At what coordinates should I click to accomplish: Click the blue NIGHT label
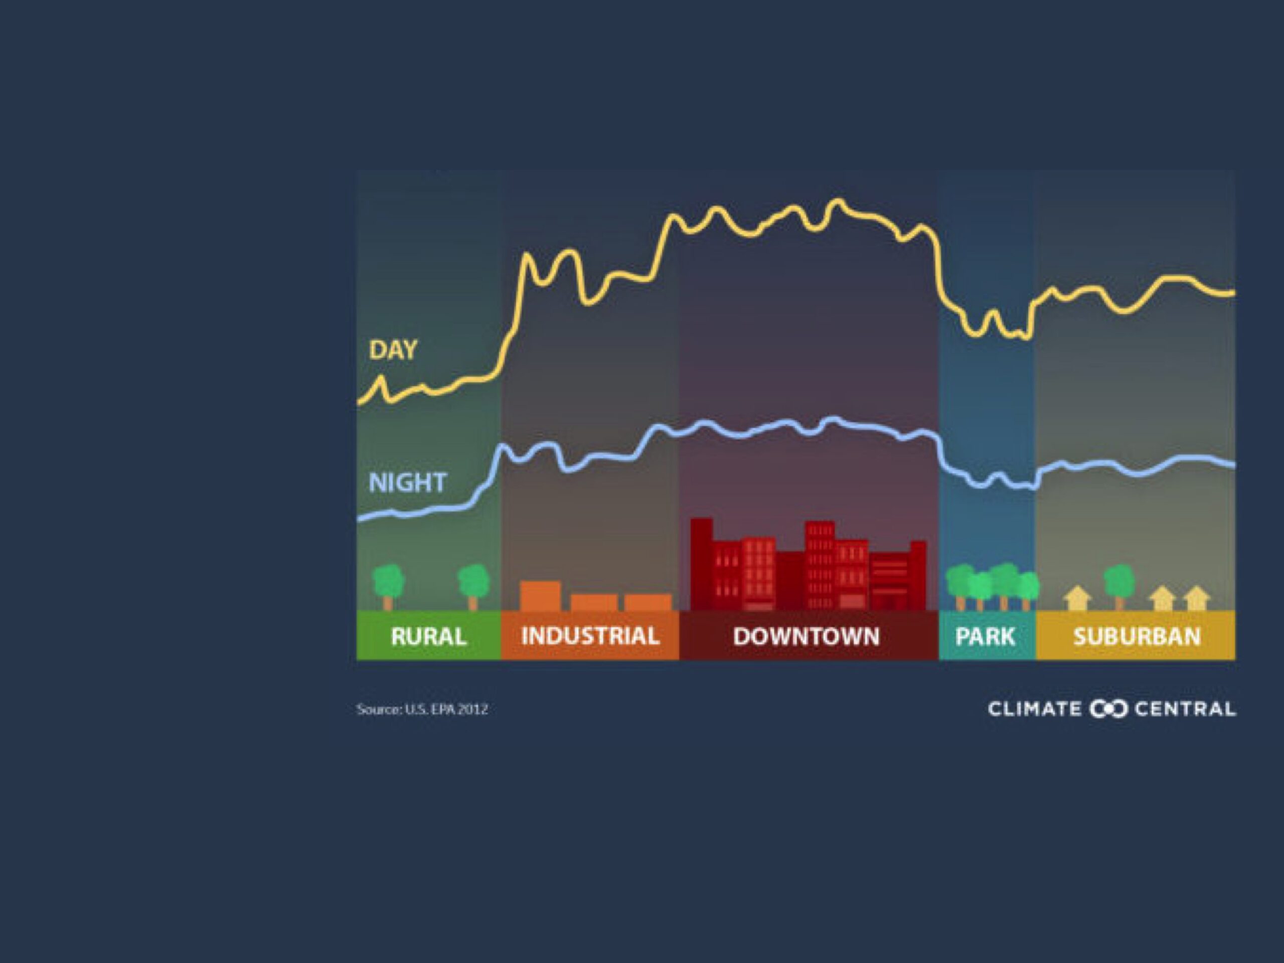tap(407, 483)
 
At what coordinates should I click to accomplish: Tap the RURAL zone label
tap(428, 636)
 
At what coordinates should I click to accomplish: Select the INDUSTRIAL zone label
tap(590, 636)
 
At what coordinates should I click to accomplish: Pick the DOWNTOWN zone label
tap(807, 636)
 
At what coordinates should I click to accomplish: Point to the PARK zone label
tap(985, 636)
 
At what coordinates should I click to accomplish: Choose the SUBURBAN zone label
tap(1137, 636)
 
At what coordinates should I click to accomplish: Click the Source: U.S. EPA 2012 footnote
tap(422, 709)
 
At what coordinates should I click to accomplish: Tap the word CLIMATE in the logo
tap(1034, 709)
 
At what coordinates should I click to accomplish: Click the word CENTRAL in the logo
tap(1185, 709)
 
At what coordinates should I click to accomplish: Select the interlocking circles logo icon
tap(1108, 709)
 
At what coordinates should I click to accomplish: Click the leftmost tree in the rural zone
tap(388, 587)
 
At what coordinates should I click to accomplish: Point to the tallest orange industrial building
tap(540, 596)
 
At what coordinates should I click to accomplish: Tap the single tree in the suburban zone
tap(1118, 587)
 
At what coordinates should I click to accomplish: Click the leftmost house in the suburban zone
tap(1077, 598)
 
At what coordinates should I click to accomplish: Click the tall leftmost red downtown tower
tap(701, 564)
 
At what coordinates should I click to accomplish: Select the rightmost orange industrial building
tap(648, 602)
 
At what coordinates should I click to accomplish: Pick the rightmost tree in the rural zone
tap(473, 587)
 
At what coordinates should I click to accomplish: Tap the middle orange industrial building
tap(594, 602)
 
